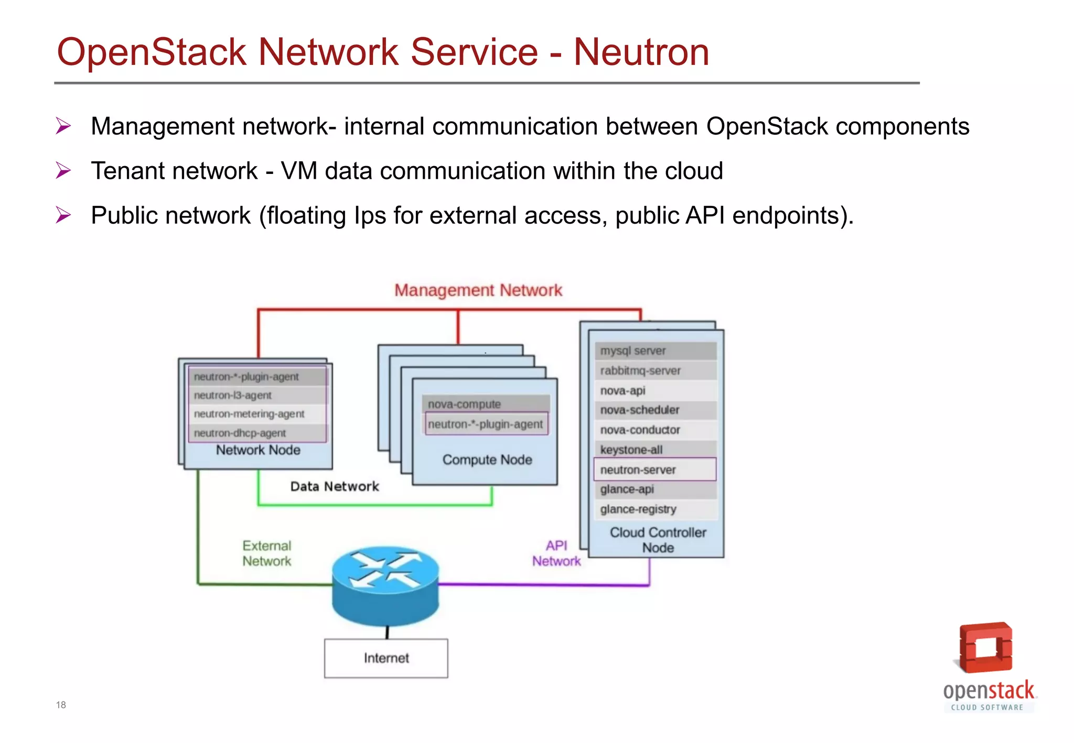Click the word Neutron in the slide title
click(641, 52)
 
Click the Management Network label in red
click(478, 290)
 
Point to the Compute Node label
click(487, 460)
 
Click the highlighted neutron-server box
click(654, 469)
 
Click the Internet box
click(386, 658)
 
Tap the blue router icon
click(385, 584)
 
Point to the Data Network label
click(335, 486)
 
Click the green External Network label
click(266, 553)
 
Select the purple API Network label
click(556, 553)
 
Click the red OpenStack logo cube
click(985, 648)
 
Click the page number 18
click(61, 705)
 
